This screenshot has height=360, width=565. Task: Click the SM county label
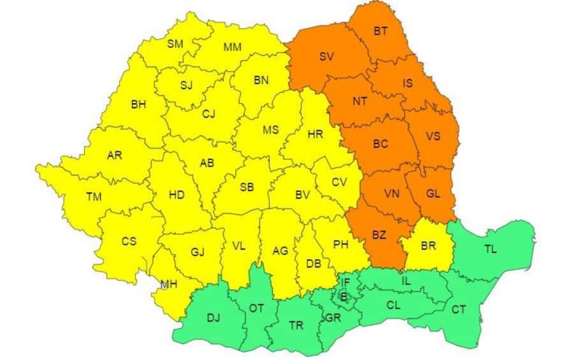175,43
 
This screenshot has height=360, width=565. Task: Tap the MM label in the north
232,48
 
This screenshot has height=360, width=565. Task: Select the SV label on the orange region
327,57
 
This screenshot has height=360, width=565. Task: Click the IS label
407,82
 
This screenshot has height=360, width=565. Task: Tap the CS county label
129,241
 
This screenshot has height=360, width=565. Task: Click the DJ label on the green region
213,318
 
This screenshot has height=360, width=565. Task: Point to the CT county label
459,310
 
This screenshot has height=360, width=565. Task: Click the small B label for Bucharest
344,296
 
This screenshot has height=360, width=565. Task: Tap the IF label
346,282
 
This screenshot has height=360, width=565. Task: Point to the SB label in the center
246,187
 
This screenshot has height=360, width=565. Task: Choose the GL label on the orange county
433,193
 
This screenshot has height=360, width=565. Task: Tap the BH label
138,104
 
